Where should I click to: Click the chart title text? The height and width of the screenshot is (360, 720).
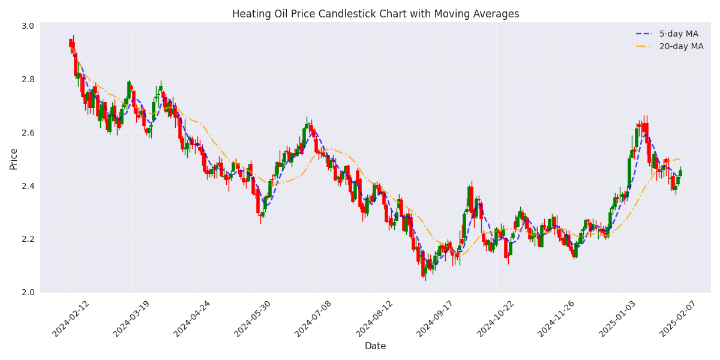(x=376, y=14)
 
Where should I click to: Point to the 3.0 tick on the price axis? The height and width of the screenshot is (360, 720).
(x=28, y=26)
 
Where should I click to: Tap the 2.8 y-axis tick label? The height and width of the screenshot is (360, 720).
(x=28, y=79)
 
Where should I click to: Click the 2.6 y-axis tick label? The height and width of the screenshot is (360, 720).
(x=28, y=133)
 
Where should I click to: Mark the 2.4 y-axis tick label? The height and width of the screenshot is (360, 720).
(x=28, y=186)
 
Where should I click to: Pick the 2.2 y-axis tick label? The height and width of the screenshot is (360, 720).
(x=28, y=239)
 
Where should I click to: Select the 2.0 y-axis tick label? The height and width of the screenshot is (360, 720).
(x=28, y=292)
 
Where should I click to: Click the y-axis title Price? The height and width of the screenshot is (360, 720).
(x=13, y=159)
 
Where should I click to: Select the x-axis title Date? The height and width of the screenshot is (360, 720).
(x=375, y=346)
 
